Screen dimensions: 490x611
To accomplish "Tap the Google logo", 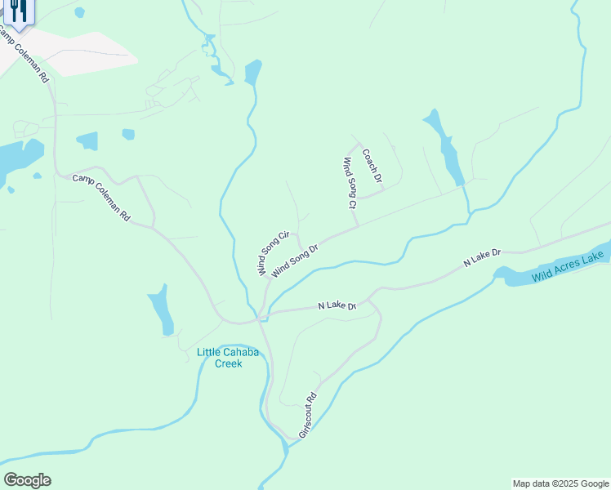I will [27, 480].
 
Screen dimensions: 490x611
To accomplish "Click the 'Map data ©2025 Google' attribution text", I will [560, 483].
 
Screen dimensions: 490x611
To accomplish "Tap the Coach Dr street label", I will [372, 165].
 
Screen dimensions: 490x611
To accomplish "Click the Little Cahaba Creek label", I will [220, 358].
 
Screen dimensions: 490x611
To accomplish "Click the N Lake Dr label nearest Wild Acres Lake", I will [481, 258].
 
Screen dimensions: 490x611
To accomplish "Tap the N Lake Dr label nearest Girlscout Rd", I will [337, 305].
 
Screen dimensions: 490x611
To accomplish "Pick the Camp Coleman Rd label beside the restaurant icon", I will [24, 56].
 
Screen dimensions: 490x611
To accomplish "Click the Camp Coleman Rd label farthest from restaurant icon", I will [101, 198].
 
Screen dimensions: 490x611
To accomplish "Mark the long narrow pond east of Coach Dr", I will [446, 147].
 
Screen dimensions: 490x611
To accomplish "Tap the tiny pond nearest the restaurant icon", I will [79, 12].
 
